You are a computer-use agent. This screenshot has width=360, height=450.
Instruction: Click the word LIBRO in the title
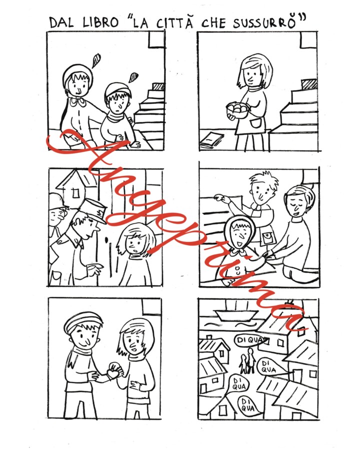(x=100, y=22)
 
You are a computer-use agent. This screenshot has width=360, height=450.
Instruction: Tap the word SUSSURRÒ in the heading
(x=264, y=22)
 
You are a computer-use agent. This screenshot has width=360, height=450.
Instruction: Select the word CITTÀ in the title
(x=174, y=22)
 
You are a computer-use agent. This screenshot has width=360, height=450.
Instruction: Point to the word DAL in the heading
(x=61, y=22)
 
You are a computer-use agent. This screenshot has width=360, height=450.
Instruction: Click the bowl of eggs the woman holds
(x=237, y=110)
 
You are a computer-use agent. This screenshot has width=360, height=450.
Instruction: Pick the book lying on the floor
(x=212, y=140)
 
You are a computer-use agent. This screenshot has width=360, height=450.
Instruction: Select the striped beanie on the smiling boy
(x=82, y=321)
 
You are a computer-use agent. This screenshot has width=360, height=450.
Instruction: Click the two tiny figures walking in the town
(x=247, y=360)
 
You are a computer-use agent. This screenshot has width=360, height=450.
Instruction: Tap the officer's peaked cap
(x=92, y=210)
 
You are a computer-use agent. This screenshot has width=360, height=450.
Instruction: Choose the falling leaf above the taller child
(x=96, y=60)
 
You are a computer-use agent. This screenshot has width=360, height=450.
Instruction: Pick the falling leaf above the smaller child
(x=133, y=77)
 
